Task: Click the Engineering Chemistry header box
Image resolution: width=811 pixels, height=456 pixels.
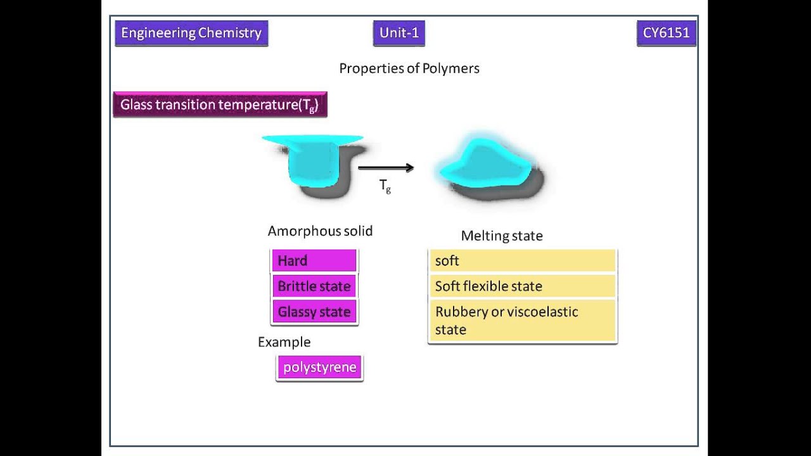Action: [191, 34]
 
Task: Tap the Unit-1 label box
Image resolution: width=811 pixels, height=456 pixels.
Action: [399, 34]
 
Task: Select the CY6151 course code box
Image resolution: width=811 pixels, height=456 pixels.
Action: [666, 34]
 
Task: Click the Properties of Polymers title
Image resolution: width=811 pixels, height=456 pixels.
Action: [409, 68]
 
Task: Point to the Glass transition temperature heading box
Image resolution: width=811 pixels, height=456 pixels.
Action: [220, 104]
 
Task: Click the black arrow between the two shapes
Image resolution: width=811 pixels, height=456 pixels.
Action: [386, 168]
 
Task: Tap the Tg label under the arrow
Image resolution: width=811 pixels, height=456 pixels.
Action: [385, 186]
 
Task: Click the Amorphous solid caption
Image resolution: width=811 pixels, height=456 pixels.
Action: [320, 231]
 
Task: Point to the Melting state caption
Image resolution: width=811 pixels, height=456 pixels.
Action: [502, 236]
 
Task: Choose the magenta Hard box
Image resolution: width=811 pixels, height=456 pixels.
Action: [314, 261]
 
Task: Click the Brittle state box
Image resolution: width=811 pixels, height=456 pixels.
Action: [314, 286]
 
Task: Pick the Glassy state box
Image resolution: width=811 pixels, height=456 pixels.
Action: [314, 312]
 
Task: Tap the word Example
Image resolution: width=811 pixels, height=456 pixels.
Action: [284, 342]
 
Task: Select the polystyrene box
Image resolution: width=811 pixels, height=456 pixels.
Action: [320, 367]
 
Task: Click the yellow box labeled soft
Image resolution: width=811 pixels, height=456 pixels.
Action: [522, 261]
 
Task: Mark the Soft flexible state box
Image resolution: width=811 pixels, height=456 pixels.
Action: [522, 286]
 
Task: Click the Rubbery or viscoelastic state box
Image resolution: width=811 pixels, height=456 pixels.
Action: [522, 320]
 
